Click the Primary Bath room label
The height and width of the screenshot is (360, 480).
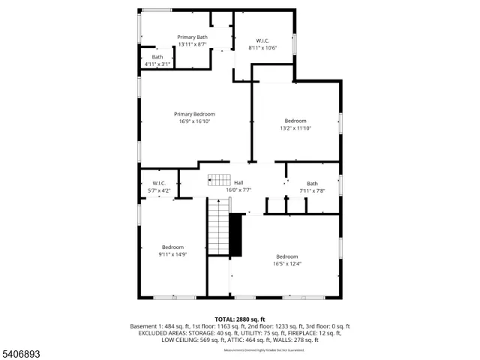[x=192, y=37]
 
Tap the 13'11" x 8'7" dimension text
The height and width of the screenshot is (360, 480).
[x=192, y=44]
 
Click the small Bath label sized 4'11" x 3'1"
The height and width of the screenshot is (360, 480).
[x=157, y=57]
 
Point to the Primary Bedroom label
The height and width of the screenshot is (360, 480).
[x=194, y=114]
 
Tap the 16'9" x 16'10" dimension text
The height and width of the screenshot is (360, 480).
[x=194, y=121]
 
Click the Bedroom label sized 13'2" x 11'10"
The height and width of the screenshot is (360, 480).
[x=295, y=121]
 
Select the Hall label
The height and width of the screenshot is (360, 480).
[x=238, y=183]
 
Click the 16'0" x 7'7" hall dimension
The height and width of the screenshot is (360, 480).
[x=238, y=190]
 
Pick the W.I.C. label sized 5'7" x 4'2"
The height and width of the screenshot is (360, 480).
[x=159, y=184]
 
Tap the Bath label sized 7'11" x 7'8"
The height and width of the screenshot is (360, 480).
[x=312, y=184]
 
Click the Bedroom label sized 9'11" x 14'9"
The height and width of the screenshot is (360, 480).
[x=172, y=247]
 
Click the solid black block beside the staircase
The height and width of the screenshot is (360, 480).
[x=237, y=235]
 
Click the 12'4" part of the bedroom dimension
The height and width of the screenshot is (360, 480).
[x=294, y=263]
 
